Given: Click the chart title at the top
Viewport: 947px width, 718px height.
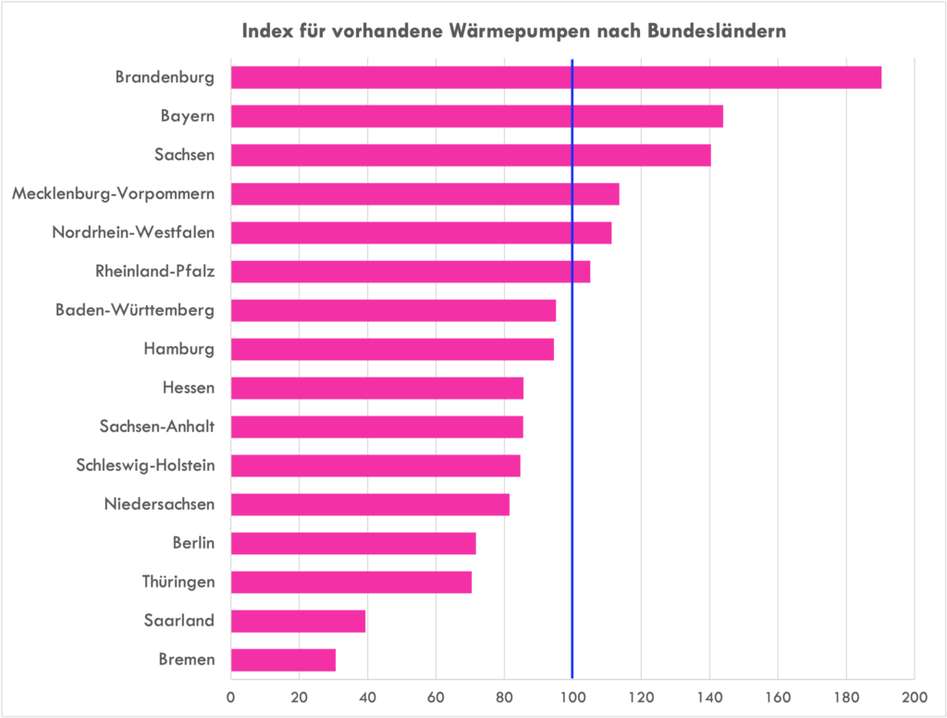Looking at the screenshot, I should [514, 31].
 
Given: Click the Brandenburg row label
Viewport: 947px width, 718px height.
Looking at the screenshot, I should [165, 86].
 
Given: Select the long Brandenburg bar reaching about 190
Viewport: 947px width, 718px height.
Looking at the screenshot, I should [555, 78].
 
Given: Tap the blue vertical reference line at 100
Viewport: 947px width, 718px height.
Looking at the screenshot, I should [572, 370].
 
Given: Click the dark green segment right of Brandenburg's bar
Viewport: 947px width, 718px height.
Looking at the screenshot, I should [897, 97].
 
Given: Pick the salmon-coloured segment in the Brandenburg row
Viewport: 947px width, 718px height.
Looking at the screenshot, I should [537, 97].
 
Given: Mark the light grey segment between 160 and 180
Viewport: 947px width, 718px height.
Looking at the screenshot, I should [812, 97].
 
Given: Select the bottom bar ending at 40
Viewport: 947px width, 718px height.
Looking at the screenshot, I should [299, 643].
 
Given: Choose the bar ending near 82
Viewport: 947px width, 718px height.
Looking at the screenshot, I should [370, 504].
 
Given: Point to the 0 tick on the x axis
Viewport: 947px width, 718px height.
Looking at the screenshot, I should [231, 697].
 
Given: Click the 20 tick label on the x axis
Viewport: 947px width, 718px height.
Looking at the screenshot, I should [299, 697].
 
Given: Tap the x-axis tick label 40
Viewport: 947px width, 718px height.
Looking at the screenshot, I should [367, 697].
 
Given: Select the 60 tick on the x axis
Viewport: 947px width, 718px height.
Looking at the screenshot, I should [436, 697].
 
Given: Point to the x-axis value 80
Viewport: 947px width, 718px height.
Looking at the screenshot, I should [504, 697].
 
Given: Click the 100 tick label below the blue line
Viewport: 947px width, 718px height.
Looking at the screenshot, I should [572, 697].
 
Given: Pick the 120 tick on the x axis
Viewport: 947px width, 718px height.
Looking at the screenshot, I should [641, 697].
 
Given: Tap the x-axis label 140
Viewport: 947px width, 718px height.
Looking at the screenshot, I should [709, 697].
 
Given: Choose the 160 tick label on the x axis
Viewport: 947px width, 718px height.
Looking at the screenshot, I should [778, 697].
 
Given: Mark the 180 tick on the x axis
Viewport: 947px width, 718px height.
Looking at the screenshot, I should [846, 697].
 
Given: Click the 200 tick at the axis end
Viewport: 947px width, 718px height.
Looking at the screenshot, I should [914, 697].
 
